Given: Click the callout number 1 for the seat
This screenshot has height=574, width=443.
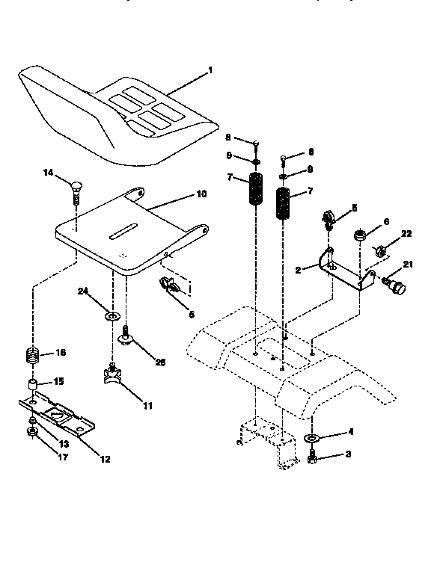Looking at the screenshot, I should tap(210, 70).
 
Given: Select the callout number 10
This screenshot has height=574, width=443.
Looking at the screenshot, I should tap(201, 193).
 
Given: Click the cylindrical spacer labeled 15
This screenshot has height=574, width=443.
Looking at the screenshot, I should tap(34, 386).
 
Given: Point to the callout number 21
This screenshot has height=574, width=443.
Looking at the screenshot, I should tap(408, 265).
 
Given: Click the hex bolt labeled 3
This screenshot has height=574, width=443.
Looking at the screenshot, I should tap(312, 454).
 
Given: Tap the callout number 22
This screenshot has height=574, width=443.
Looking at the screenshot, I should tap(406, 234).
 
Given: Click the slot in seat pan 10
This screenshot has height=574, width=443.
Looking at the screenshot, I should tap(129, 235).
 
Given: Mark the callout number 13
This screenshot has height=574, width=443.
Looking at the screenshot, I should tap(63, 442).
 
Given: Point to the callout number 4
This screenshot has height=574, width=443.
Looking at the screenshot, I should tap(349, 432).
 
